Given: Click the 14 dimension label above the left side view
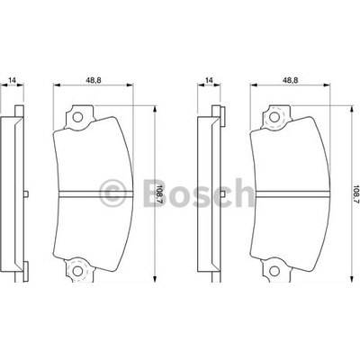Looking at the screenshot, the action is tap(13, 80).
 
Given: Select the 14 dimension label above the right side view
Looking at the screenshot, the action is tap(209, 80).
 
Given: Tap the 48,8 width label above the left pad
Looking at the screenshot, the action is tap(94, 80).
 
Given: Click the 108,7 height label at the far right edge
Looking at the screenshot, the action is tap(356, 194).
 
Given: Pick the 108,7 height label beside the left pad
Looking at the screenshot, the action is tap(159, 194).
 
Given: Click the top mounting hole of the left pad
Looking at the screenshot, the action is tap(77, 117).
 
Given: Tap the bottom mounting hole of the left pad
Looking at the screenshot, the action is tap(77, 271).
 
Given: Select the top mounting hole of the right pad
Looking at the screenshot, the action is tap(274, 117).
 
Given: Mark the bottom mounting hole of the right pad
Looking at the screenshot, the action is tap(274, 271).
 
